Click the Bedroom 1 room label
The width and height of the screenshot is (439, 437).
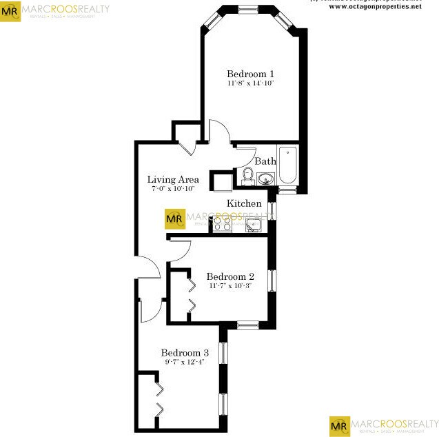251,74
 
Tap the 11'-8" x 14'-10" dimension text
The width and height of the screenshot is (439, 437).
251,83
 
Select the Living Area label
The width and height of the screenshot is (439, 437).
173,180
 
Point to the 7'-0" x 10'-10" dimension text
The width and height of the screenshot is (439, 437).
173,188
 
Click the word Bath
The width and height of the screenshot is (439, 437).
265,161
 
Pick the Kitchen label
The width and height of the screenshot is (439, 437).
244,203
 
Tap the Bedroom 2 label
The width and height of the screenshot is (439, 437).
231,276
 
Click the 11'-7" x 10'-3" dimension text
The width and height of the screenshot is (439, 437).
231,285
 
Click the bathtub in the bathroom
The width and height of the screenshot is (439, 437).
287,165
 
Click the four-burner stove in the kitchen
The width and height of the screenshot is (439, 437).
222,223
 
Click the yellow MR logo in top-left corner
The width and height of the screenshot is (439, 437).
10,11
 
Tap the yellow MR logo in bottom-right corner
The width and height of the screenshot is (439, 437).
339,426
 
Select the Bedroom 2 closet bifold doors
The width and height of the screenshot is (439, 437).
191,294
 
